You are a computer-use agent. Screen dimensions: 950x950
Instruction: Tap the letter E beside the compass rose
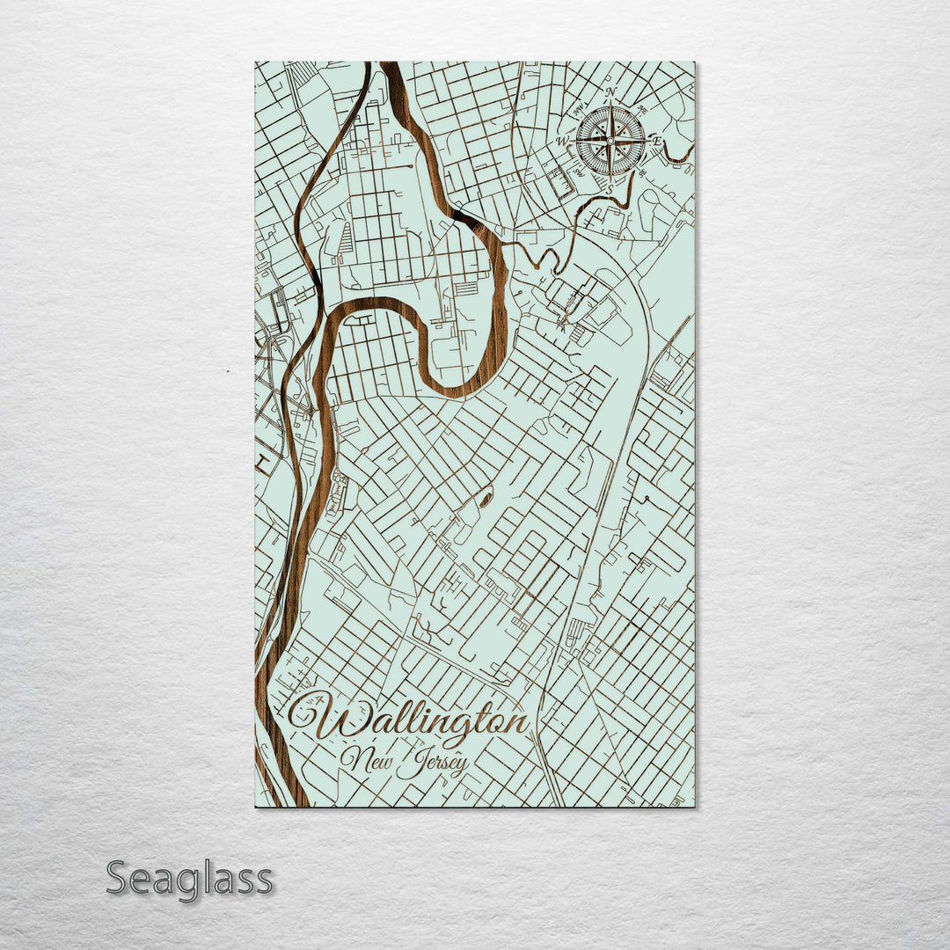(657, 142)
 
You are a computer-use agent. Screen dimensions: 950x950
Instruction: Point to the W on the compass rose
(562, 141)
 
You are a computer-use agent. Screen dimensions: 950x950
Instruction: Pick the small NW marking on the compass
(579, 109)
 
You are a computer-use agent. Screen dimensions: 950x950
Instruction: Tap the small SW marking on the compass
(578, 172)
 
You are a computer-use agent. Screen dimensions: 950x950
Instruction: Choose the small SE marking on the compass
(641, 172)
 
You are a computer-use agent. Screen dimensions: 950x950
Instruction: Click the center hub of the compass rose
(610, 141)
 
